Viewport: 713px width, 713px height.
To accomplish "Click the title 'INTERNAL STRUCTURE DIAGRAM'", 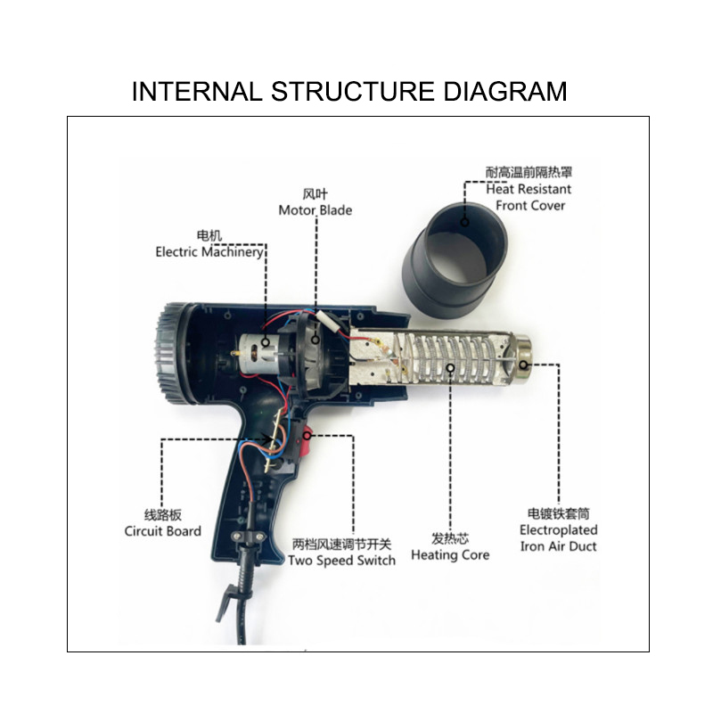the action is pyautogui.click(x=349, y=92).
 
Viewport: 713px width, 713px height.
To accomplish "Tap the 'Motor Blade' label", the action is pyautogui.click(x=316, y=210).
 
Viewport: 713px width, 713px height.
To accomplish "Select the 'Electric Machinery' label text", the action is pyautogui.click(x=209, y=252).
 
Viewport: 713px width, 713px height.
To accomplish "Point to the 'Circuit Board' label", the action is pyautogui.click(x=163, y=531).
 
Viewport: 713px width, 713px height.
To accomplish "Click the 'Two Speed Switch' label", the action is pyautogui.click(x=341, y=561).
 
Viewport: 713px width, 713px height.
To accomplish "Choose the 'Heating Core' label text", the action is pyautogui.click(x=450, y=555).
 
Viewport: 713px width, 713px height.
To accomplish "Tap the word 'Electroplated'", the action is pyautogui.click(x=559, y=530).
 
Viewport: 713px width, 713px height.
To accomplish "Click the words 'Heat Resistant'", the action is pyautogui.click(x=529, y=189).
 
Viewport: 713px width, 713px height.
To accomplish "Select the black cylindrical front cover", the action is pyautogui.click(x=455, y=258).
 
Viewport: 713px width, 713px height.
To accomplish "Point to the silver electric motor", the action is pyautogui.click(x=258, y=354).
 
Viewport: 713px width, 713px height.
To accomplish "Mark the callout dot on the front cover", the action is pyautogui.click(x=464, y=222).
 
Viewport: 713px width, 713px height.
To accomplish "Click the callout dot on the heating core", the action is pyautogui.click(x=450, y=368).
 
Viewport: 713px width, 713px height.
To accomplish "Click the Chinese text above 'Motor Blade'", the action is pyautogui.click(x=316, y=194).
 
